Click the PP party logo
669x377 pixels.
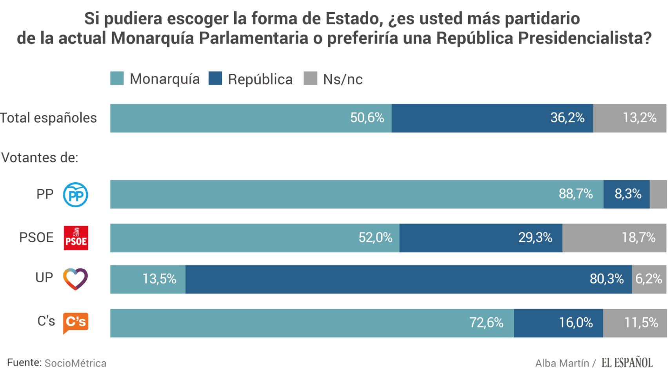point(76,194)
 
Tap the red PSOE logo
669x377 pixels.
point(76,238)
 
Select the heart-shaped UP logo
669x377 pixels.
point(75,279)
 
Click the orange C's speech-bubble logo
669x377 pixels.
point(76,323)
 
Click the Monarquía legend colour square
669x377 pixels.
point(117,79)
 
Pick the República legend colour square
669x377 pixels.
point(215,79)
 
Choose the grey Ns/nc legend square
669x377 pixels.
point(310,79)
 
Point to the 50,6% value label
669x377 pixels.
point(367,118)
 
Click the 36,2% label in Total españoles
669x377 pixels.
point(567,118)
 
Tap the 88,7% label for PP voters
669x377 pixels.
point(576,194)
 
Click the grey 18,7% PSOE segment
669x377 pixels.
point(614,238)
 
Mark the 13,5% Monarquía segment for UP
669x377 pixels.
point(148,279)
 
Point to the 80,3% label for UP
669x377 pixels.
point(607,279)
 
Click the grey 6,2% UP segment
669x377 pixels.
point(649,279)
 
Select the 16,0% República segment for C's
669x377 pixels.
point(558,323)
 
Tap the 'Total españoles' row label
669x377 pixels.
point(48,118)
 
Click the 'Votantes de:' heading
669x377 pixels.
point(40,157)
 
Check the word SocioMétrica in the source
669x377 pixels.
point(75,363)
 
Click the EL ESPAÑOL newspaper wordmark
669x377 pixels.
point(627,362)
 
